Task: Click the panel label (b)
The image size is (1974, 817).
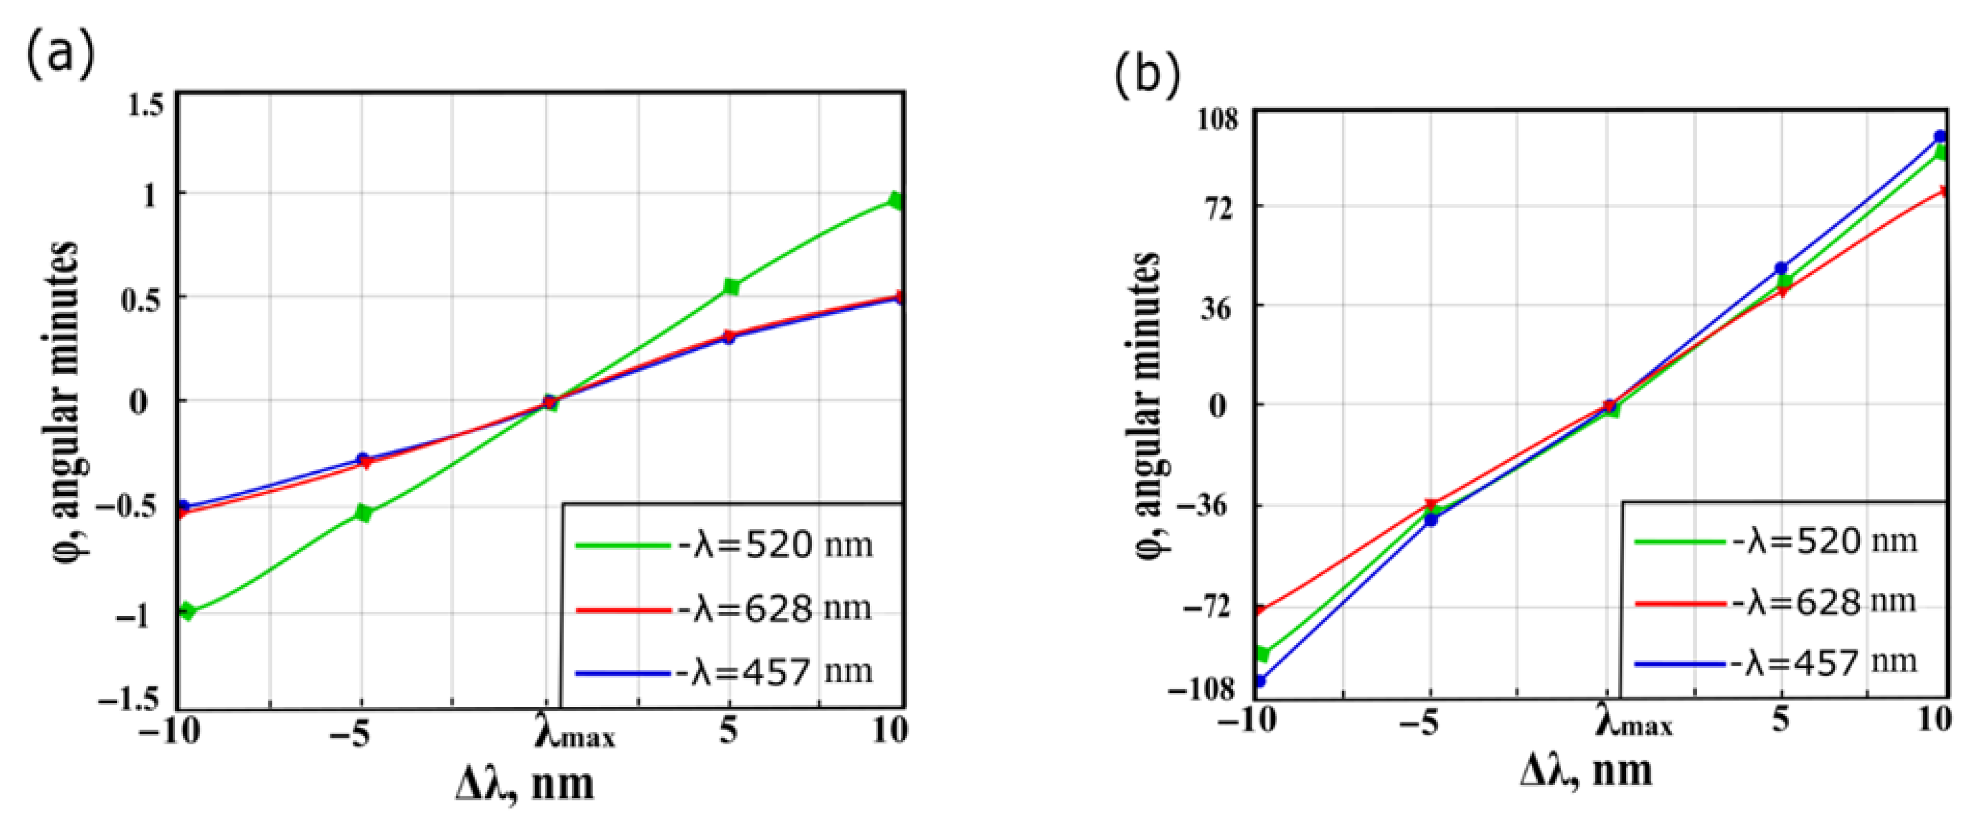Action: pos(1147,76)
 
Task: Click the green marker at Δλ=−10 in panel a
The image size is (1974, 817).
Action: pos(186,611)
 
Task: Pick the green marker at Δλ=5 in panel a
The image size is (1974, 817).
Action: pos(731,287)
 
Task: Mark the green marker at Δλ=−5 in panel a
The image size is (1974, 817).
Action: pos(364,513)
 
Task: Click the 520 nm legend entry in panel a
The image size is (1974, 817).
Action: pos(723,545)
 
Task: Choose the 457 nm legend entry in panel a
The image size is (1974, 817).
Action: pos(723,672)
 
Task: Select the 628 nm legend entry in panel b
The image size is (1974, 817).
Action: pos(1775,602)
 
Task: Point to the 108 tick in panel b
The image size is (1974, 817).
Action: pos(1213,121)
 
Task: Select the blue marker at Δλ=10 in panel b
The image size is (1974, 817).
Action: pos(1940,137)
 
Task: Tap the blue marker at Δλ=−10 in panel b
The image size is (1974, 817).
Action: pos(1261,680)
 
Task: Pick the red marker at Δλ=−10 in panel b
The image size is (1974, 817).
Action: pos(1261,610)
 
